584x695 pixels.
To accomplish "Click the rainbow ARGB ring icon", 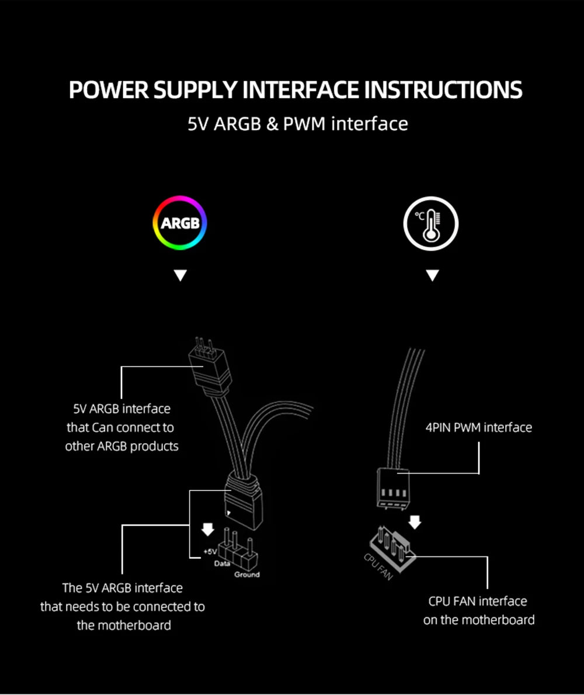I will (180, 223).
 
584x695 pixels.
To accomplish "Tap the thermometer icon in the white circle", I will (431, 224).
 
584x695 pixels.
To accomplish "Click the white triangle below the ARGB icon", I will (180, 275).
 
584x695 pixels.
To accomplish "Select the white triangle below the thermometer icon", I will (432, 275).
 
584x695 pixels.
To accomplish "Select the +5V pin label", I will (210, 551).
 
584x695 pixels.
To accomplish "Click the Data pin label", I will (223, 563).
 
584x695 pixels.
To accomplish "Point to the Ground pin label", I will (246, 575).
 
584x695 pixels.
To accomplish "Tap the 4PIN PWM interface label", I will (478, 427).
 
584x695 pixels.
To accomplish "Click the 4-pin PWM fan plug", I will (391, 486).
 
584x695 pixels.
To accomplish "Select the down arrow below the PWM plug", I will (415, 521).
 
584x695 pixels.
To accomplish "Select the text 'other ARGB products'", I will (121, 446).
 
